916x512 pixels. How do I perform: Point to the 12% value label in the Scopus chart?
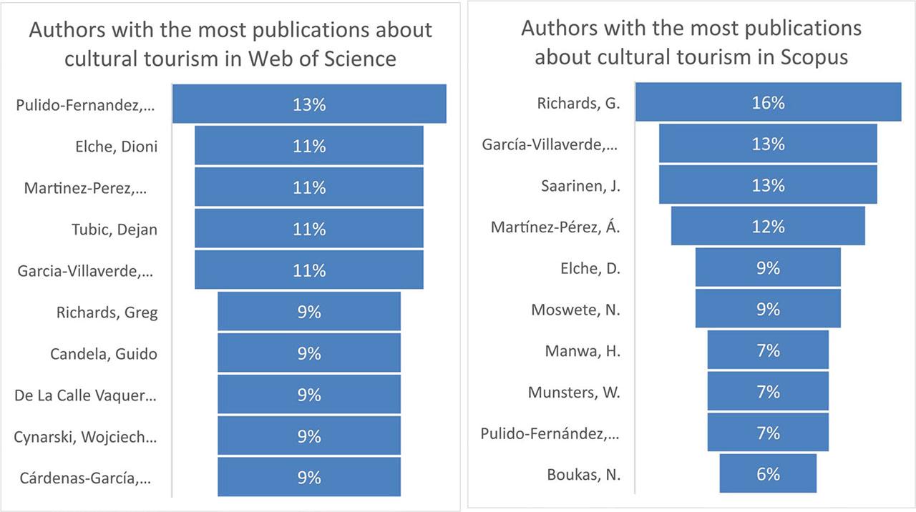pos(768,227)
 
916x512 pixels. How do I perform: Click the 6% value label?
pos(768,474)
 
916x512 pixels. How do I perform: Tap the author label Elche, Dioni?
pos(116,146)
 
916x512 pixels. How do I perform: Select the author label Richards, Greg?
pos(107,312)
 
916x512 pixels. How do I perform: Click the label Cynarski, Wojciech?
pos(85,436)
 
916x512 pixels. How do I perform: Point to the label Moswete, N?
pos(575,310)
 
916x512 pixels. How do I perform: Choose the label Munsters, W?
pos(574,392)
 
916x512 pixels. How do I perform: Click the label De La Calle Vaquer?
pos(85,395)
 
